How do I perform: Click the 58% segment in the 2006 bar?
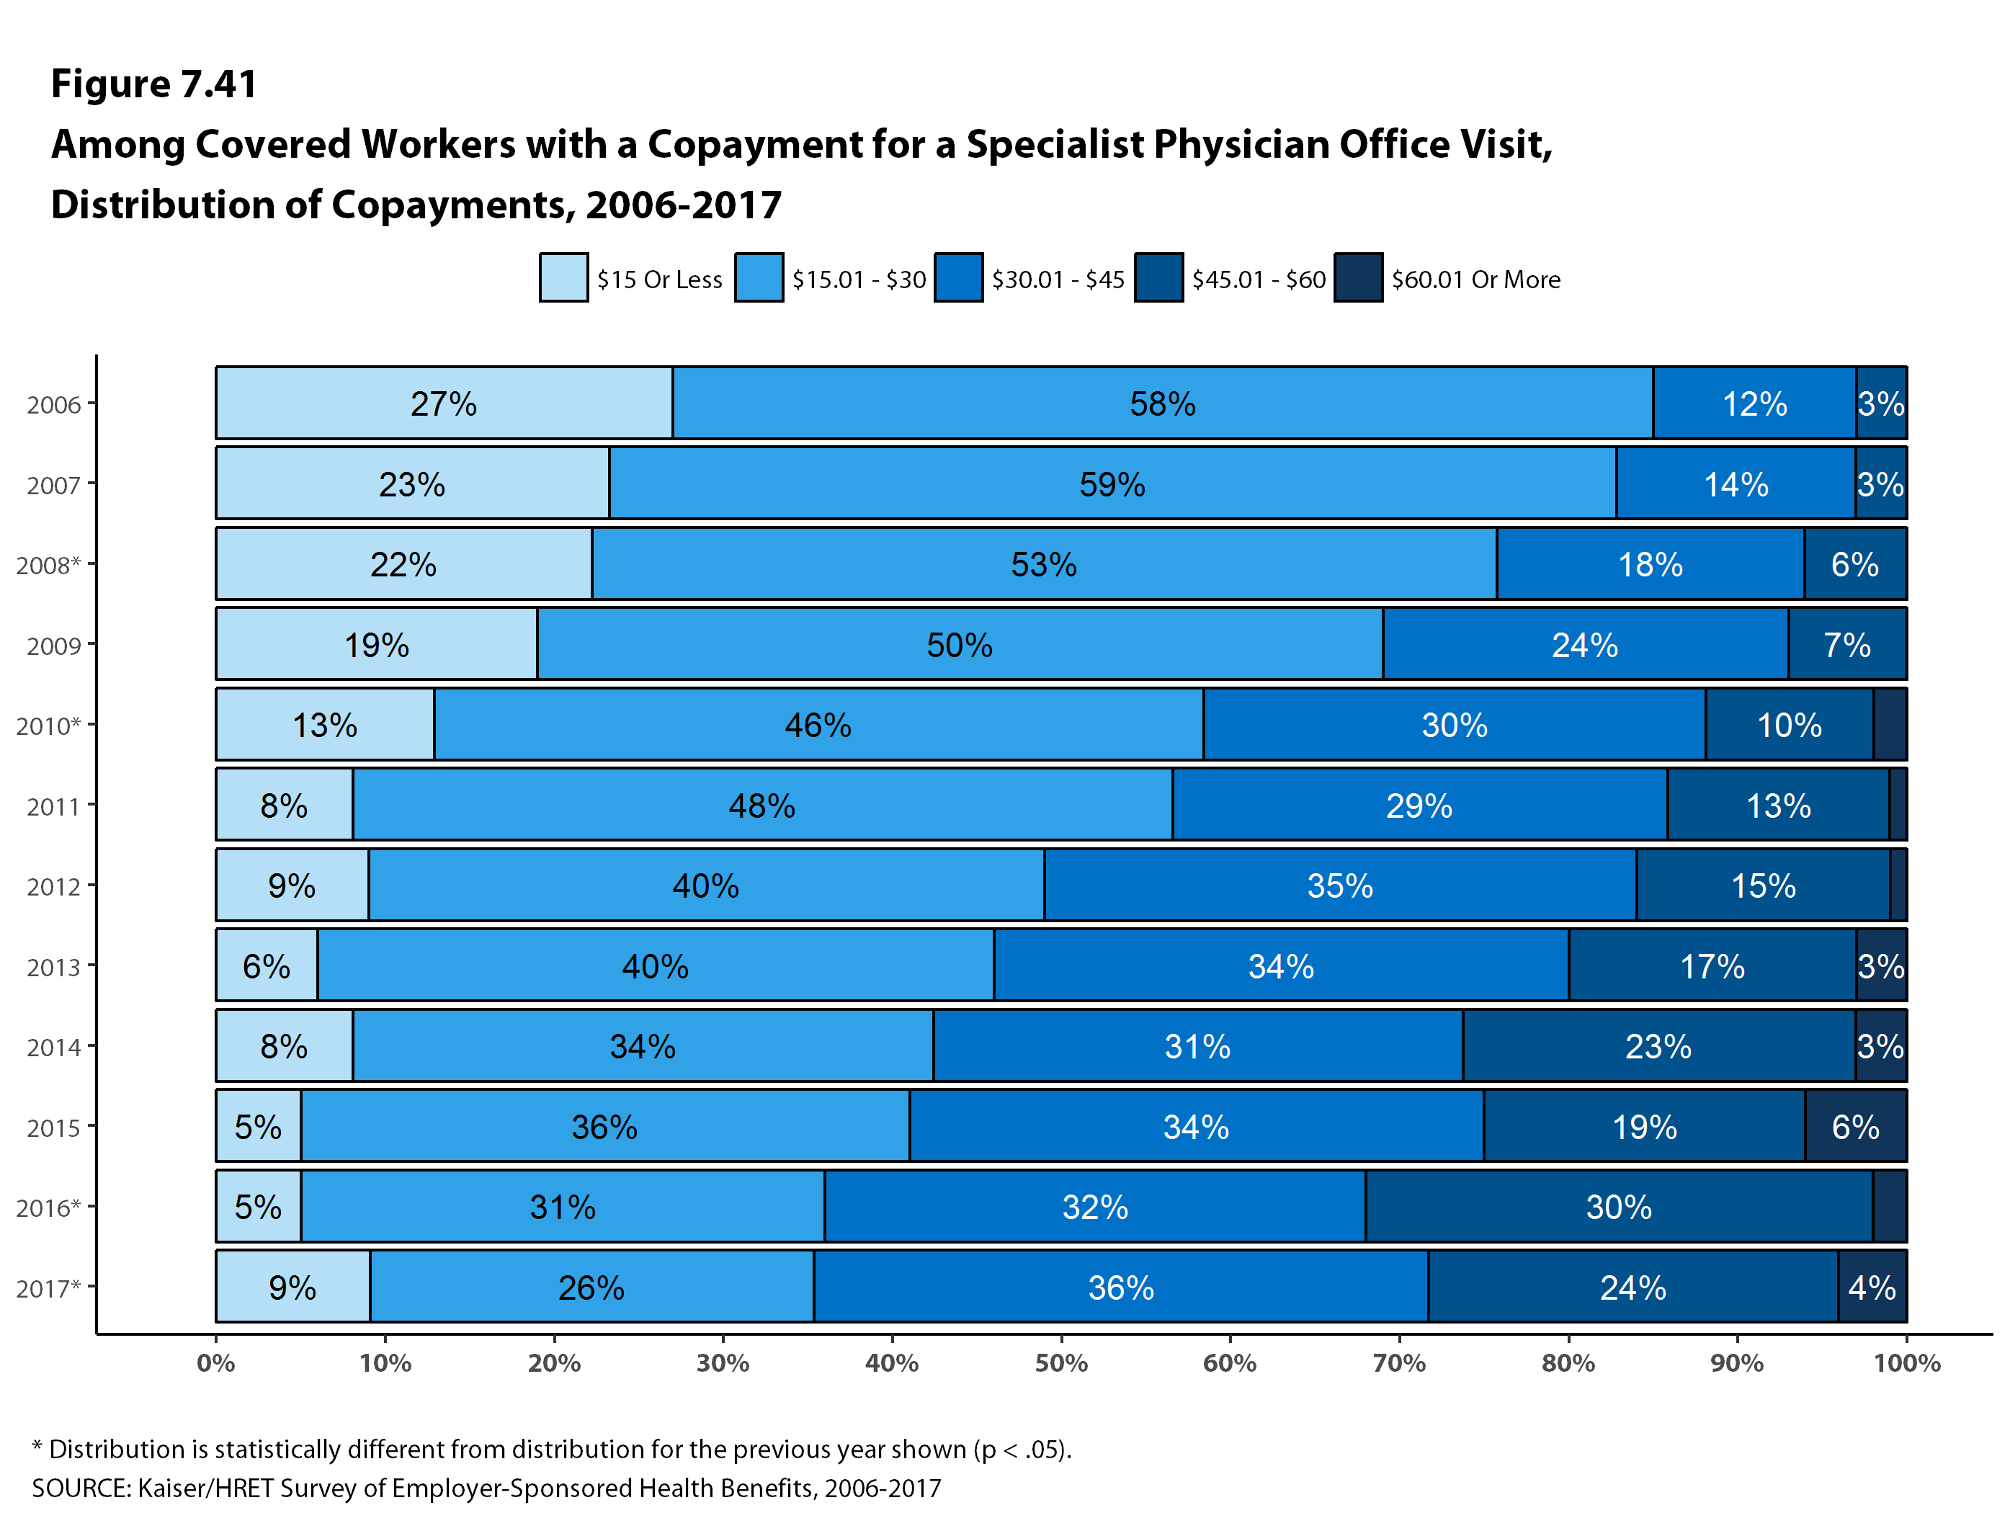(x=1162, y=403)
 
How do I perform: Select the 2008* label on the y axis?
(x=48, y=566)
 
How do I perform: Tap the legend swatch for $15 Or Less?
(x=563, y=277)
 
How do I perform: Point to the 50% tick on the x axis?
(x=1060, y=1363)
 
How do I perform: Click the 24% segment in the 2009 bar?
(x=1585, y=644)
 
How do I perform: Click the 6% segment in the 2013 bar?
(x=267, y=966)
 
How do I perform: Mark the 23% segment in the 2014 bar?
(x=1658, y=1046)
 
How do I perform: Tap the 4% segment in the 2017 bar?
(x=1871, y=1287)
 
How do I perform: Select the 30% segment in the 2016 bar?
(x=1617, y=1207)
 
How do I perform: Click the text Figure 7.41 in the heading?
(x=154, y=84)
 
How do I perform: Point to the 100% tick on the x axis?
(x=1906, y=1363)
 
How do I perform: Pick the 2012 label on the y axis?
(x=53, y=887)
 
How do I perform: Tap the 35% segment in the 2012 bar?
(x=1339, y=886)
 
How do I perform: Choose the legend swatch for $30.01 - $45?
(x=957, y=277)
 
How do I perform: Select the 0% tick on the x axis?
(x=216, y=1363)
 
